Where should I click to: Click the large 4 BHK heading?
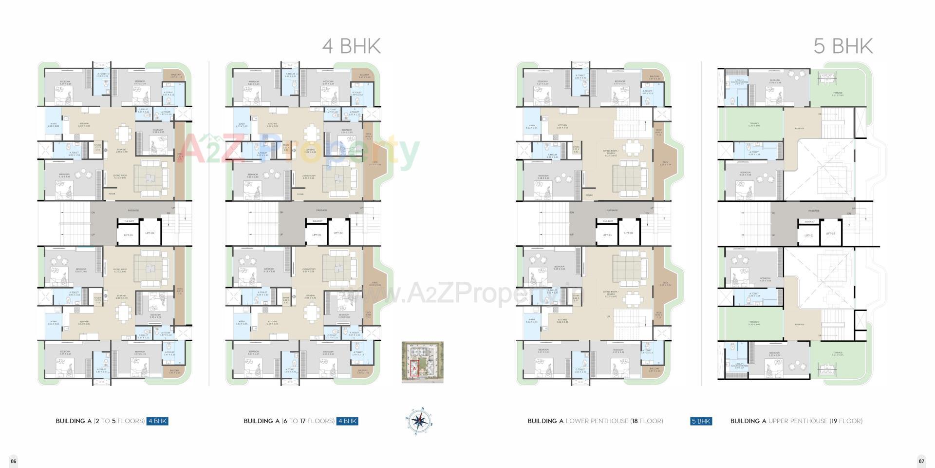click(x=351, y=46)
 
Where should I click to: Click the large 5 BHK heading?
click(x=843, y=46)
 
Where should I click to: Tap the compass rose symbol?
click(x=418, y=420)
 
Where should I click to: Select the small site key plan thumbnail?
click(x=422, y=362)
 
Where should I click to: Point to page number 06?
click(x=14, y=461)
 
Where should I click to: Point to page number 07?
click(x=921, y=461)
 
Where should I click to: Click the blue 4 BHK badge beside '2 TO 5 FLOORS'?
click(x=157, y=421)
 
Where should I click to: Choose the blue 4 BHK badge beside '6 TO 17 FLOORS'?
click(x=347, y=421)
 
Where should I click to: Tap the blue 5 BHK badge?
click(x=701, y=421)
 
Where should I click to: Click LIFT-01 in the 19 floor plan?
click(x=809, y=235)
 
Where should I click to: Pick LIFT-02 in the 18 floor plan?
click(x=629, y=233)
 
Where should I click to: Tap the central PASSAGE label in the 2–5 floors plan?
click(x=133, y=211)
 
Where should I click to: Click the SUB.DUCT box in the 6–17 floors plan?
click(x=318, y=221)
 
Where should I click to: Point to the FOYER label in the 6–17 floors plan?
click(x=300, y=194)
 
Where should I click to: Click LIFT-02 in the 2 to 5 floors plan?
click(x=150, y=233)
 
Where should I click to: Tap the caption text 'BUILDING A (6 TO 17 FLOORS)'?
click(x=289, y=421)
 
